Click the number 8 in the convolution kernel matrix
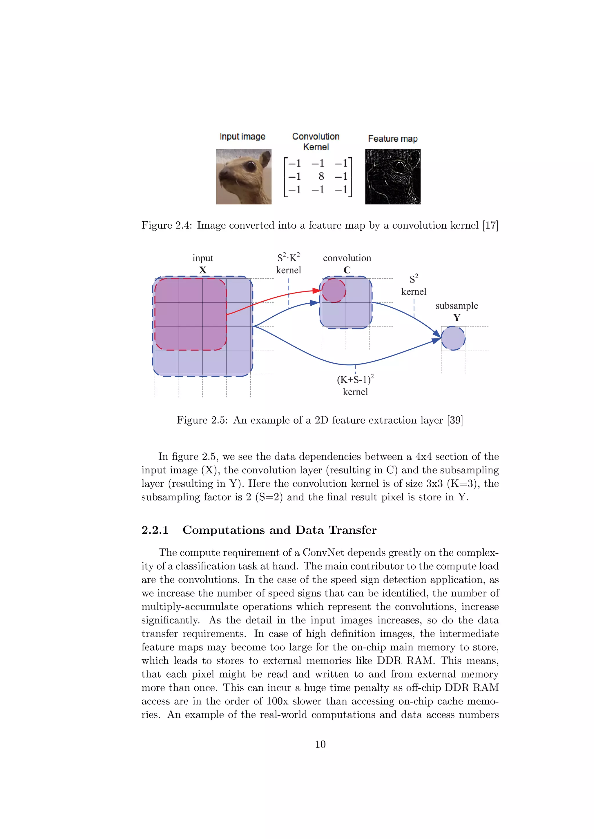click(321, 176)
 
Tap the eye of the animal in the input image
click(250, 166)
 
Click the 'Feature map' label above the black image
click(392, 139)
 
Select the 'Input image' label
click(242, 137)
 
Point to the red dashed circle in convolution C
click(334, 291)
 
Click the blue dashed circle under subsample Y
click(453, 338)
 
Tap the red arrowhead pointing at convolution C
click(317, 291)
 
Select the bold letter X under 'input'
click(203, 270)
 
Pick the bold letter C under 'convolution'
click(347, 270)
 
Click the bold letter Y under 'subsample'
click(457, 318)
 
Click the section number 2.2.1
click(155, 530)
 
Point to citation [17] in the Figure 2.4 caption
click(490, 225)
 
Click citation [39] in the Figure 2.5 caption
click(455, 420)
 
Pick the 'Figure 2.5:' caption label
click(203, 420)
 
